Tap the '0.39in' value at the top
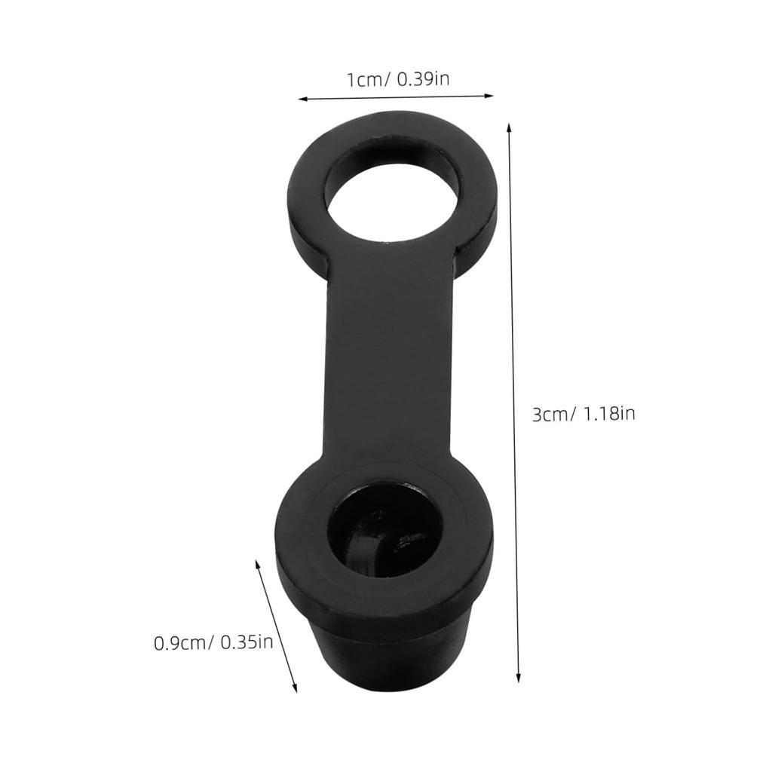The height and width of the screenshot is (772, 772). pyautogui.click(x=423, y=78)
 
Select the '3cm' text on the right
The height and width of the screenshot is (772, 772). pyautogui.click(x=550, y=415)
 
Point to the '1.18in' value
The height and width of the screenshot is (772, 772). pyautogui.click(x=608, y=414)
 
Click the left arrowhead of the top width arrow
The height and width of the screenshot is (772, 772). pyautogui.click(x=303, y=99)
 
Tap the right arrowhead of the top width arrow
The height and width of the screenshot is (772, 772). pyautogui.click(x=489, y=96)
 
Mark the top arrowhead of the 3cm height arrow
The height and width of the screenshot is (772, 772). pyautogui.click(x=509, y=128)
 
